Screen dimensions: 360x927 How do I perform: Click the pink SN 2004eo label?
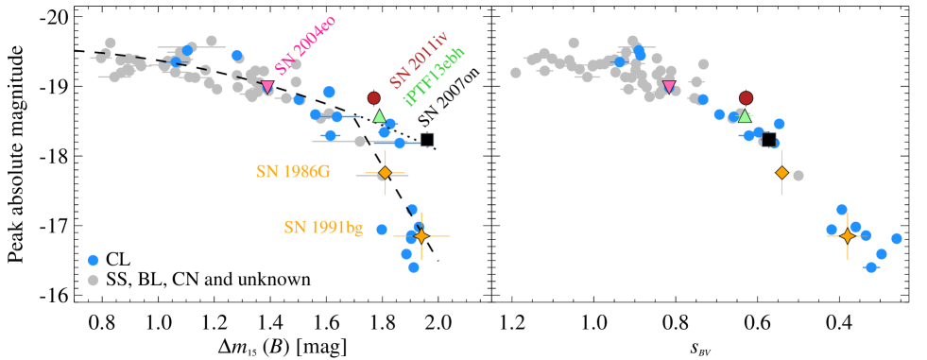coord(305,45)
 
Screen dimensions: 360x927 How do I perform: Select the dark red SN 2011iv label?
coord(418,59)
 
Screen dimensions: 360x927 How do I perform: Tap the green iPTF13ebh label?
coord(435,75)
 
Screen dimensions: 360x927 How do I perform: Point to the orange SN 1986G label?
coord(293,171)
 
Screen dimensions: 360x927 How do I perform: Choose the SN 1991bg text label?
coord(323,227)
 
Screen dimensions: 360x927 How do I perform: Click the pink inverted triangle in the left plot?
coord(267,87)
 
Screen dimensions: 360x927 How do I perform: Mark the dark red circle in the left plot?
coord(374,97)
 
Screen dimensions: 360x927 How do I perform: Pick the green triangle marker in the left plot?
coord(379,116)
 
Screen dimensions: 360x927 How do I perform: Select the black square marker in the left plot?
coord(427,140)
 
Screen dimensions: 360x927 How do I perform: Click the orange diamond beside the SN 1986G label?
coord(385,173)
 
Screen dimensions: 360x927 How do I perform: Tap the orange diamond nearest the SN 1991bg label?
coord(421,235)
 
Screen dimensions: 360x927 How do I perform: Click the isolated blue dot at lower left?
coord(94,260)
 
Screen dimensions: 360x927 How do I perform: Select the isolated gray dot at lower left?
coord(94,280)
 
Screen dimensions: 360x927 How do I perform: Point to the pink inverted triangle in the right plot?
coord(669,87)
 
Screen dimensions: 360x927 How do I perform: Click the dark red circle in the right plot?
coord(746,97)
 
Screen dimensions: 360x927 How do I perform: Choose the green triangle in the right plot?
coord(745,116)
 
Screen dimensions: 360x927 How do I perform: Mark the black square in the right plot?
coord(769,140)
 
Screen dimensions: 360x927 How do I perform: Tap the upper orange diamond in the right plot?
coord(781,173)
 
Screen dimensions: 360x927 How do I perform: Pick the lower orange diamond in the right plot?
coord(848,235)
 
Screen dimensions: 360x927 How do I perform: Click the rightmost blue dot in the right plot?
coord(897,238)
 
